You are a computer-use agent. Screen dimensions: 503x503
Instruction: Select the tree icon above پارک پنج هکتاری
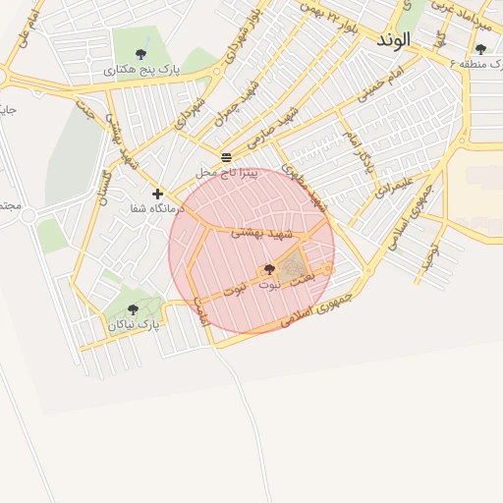[x=141, y=54]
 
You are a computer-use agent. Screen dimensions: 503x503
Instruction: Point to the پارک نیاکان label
[x=134, y=323]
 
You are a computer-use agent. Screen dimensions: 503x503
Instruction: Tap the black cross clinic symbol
[x=157, y=194]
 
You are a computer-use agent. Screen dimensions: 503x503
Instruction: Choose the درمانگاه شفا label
[x=153, y=209]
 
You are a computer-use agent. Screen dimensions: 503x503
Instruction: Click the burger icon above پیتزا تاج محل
[x=227, y=157]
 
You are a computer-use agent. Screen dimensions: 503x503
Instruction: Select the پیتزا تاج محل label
[x=226, y=172]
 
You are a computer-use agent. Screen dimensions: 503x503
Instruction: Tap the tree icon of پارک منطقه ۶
[x=480, y=48]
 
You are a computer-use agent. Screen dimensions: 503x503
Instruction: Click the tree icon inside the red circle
[x=269, y=268]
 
